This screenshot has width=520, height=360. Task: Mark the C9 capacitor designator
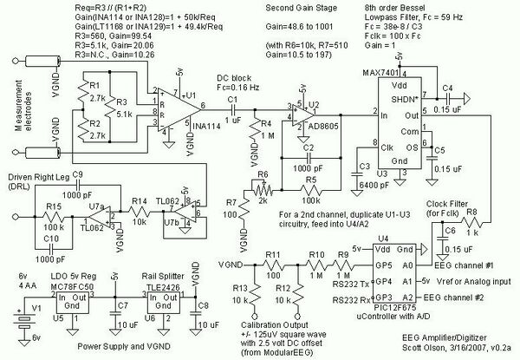tap(77, 174)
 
